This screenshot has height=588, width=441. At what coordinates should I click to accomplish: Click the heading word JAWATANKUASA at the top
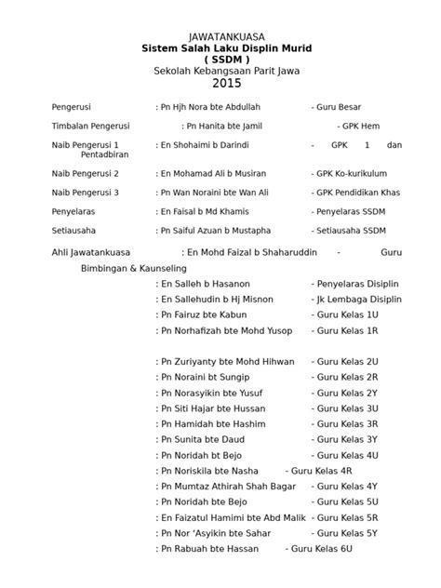(x=220, y=35)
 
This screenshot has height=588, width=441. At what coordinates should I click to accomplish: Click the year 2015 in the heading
(x=220, y=84)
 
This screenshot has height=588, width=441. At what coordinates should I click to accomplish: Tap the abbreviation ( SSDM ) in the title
(x=220, y=59)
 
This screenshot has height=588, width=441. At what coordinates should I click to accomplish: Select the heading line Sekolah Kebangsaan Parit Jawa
(x=220, y=71)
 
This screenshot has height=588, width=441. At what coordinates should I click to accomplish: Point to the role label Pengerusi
(x=77, y=107)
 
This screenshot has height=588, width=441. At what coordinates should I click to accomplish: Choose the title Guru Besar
(x=348, y=107)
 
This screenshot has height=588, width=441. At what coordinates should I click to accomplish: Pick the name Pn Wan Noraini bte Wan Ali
(x=215, y=192)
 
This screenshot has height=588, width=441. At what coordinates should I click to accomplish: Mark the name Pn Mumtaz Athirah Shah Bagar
(x=228, y=486)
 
